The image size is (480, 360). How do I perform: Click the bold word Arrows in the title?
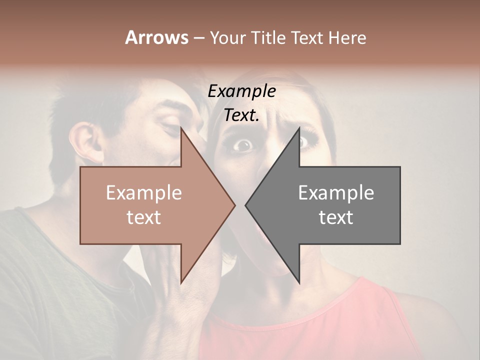tap(156, 37)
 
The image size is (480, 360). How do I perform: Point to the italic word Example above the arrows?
tap(241, 91)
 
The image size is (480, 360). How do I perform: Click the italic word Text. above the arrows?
tap(241, 115)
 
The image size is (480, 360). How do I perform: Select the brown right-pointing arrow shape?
tap(150, 205)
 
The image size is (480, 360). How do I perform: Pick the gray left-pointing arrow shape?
tap(330, 205)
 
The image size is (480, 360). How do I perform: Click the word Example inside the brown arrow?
tap(144, 192)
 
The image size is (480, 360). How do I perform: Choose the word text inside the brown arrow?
tap(144, 217)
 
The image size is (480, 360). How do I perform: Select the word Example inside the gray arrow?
tap(336, 192)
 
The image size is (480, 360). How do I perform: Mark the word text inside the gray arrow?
tap(336, 217)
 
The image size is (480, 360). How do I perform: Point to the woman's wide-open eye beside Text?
tap(243, 145)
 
